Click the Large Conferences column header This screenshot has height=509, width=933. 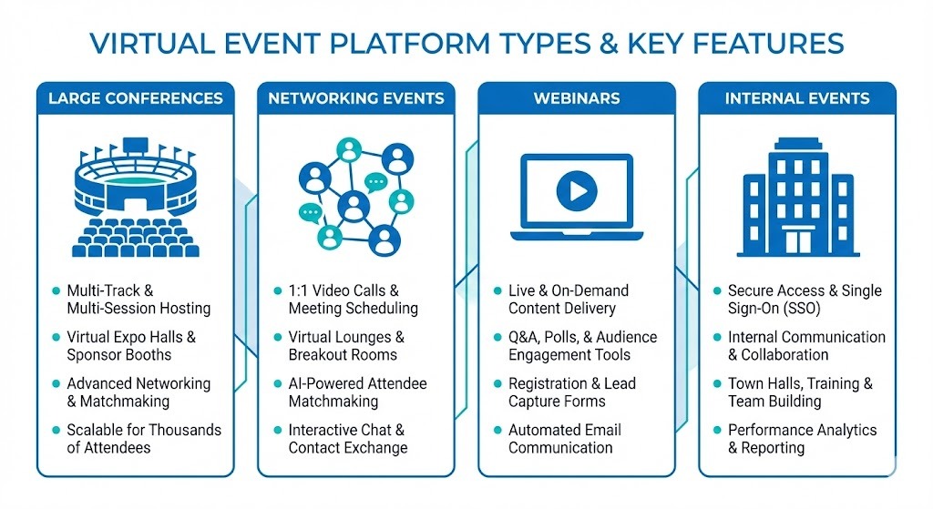[135, 98]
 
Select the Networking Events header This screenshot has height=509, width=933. [356, 98]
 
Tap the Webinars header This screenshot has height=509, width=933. [577, 98]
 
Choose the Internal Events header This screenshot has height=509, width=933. [797, 98]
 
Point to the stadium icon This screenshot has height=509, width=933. [135, 196]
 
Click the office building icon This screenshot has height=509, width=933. [797, 196]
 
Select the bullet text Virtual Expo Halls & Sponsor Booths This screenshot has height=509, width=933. [131, 346]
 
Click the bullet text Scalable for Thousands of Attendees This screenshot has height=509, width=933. [143, 438]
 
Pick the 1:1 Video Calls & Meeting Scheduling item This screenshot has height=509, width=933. [353, 300]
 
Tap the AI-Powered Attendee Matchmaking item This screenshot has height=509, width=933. [357, 392]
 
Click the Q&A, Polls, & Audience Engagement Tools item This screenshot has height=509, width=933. [582, 346]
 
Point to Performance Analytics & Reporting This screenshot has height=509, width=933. [802, 438]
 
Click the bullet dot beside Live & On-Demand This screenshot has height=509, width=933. [497, 291]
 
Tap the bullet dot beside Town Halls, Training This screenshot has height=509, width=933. [717, 384]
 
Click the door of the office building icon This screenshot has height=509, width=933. [797, 241]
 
